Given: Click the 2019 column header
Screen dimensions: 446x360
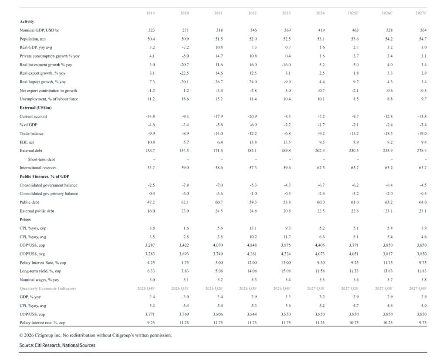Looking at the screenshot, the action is point(151,14).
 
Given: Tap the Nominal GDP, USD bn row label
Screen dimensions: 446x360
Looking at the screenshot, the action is point(40,30).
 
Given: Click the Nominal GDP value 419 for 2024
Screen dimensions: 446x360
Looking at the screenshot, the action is point(320,30).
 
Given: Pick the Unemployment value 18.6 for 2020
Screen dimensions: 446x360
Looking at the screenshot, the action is point(185,99).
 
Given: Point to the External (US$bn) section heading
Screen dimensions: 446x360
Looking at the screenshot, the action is point(36,108).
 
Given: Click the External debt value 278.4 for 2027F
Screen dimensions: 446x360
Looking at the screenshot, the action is point(421,150).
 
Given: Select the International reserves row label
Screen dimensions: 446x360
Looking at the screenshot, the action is point(38,168).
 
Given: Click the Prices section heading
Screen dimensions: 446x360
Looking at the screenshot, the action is point(25,219).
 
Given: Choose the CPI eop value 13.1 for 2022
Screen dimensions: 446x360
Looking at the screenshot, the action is point(252,228).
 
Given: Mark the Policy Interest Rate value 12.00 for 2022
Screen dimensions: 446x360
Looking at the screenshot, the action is point(252,262).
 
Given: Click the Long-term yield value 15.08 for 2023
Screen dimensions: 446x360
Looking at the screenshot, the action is point(286,271).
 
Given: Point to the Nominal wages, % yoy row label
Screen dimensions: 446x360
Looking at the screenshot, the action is point(40,280).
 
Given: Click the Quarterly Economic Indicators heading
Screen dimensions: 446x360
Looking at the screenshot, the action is point(47,289).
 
